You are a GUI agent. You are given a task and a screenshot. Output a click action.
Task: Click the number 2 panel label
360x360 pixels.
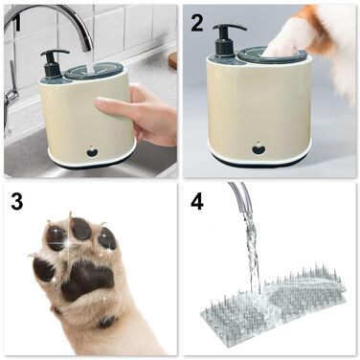pyautogui.click(x=197, y=23)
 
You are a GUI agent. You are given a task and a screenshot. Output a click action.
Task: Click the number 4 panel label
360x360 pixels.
pyautogui.click(x=197, y=203)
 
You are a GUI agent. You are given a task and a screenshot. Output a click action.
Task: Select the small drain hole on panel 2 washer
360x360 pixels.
pyautogui.click(x=259, y=148)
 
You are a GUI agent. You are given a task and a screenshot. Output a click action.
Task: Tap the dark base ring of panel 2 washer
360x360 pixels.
pyautogui.click(x=259, y=162)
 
